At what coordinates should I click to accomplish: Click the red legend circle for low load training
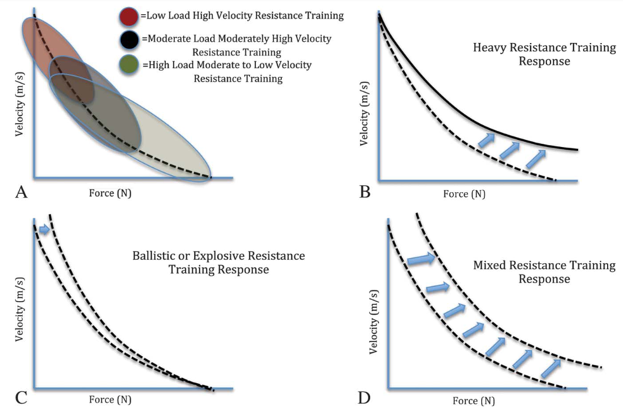129,17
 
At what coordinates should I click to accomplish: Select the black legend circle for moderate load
129,39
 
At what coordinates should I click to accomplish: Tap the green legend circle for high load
129,65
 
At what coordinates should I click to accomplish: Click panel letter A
21,192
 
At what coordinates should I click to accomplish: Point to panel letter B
365,192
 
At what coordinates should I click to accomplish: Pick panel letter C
21,397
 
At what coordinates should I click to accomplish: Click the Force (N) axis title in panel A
110,193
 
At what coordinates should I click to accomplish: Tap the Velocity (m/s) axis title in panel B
364,114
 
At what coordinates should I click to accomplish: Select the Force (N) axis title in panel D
474,401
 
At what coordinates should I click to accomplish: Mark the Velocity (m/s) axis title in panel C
20,309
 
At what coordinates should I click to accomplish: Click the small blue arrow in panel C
44,229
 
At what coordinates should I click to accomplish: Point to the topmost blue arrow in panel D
421,259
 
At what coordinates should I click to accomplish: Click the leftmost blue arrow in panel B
487,140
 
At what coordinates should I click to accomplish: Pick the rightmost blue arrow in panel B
536,158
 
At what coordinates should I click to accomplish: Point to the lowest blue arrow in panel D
551,368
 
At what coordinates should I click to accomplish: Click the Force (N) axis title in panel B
465,194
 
